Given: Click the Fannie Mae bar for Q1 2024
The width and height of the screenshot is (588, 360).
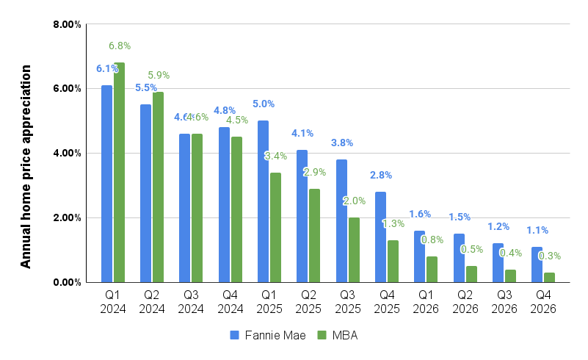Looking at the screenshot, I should pos(107,184).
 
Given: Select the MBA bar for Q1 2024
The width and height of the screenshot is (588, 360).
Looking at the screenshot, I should pos(119,173).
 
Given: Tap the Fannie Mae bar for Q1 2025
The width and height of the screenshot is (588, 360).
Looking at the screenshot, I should pos(263,201).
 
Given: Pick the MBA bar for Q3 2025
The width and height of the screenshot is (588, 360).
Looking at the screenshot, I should pos(354,250).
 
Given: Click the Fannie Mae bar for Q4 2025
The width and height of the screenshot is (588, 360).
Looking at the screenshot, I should pos(380,237).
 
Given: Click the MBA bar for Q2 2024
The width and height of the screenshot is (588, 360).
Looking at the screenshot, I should pos(158,187).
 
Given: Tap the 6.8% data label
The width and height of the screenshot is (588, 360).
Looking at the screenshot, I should pos(120,46).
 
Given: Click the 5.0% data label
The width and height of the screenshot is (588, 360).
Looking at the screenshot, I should pos(264,104).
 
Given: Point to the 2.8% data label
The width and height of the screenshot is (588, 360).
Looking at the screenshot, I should pos(381,175).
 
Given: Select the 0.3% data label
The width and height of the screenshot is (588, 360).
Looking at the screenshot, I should pos(550,256).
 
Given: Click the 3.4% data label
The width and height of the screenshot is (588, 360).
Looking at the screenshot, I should pos(275,156).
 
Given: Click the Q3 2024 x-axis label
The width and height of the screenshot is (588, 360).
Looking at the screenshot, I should pos(191,302).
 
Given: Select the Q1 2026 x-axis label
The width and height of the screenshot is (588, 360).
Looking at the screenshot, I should pos(426,302).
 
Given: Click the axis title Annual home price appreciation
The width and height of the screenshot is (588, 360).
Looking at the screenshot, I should pos(26,166).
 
